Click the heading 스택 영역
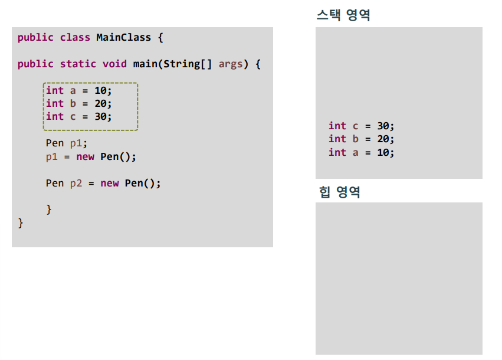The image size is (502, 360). point(343,15)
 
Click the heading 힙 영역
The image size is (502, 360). point(339,192)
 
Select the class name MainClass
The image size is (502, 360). point(124,37)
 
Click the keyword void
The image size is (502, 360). point(114,64)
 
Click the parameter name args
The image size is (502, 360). point(231,64)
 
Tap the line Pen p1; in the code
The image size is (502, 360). point(66,143)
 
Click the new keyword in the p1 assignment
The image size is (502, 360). point(86,157)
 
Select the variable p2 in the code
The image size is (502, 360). point(76,183)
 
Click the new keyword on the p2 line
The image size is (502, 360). point(110,183)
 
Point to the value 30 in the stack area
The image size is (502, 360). point(383,126)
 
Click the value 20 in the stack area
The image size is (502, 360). point(383,139)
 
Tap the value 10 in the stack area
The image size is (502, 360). point(383,152)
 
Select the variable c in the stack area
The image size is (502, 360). point(355,126)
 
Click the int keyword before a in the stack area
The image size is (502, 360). point(337,152)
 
